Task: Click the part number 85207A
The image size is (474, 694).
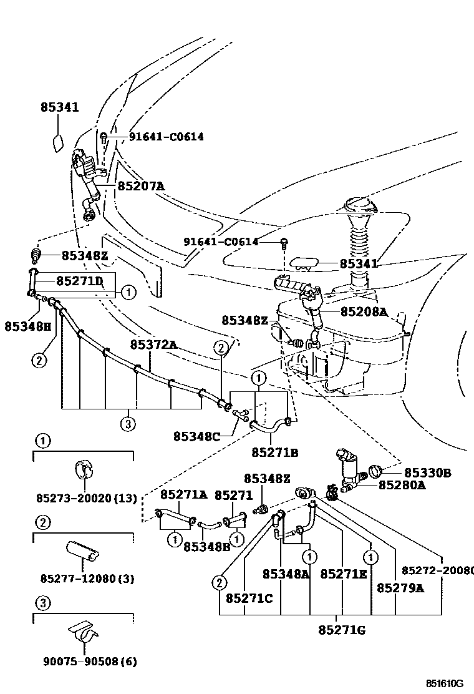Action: [142, 186]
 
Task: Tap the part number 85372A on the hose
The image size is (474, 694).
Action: [153, 345]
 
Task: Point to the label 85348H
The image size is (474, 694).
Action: [28, 326]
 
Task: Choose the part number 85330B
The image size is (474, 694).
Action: [427, 473]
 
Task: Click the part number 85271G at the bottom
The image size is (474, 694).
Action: [341, 630]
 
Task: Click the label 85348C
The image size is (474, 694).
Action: [196, 437]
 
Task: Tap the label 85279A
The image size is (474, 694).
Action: [400, 587]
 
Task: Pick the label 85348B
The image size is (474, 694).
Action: [207, 547]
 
